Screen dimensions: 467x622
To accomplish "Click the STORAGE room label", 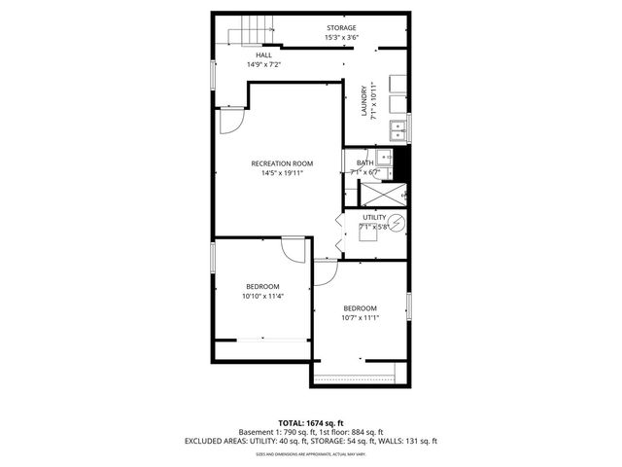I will [340, 27].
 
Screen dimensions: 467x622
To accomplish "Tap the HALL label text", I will [263, 55].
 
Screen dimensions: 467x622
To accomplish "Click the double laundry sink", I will [398, 128].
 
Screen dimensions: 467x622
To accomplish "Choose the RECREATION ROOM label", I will [282, 163].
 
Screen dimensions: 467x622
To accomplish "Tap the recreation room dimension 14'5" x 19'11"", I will [282, 173].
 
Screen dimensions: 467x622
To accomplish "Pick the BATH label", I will [364, 162].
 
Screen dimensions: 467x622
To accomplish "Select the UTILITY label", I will [374, 217].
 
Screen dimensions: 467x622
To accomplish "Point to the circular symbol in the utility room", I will [399, 228].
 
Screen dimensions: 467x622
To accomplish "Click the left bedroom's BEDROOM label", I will [262, 286].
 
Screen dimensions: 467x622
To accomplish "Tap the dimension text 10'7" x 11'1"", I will [360, 317].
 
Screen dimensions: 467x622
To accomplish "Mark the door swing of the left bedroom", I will [291, 249].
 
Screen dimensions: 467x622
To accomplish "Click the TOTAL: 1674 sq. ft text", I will [311, 422].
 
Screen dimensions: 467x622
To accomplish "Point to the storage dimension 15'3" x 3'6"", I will [340, 38].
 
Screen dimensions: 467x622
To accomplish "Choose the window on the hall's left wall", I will [213, 76].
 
